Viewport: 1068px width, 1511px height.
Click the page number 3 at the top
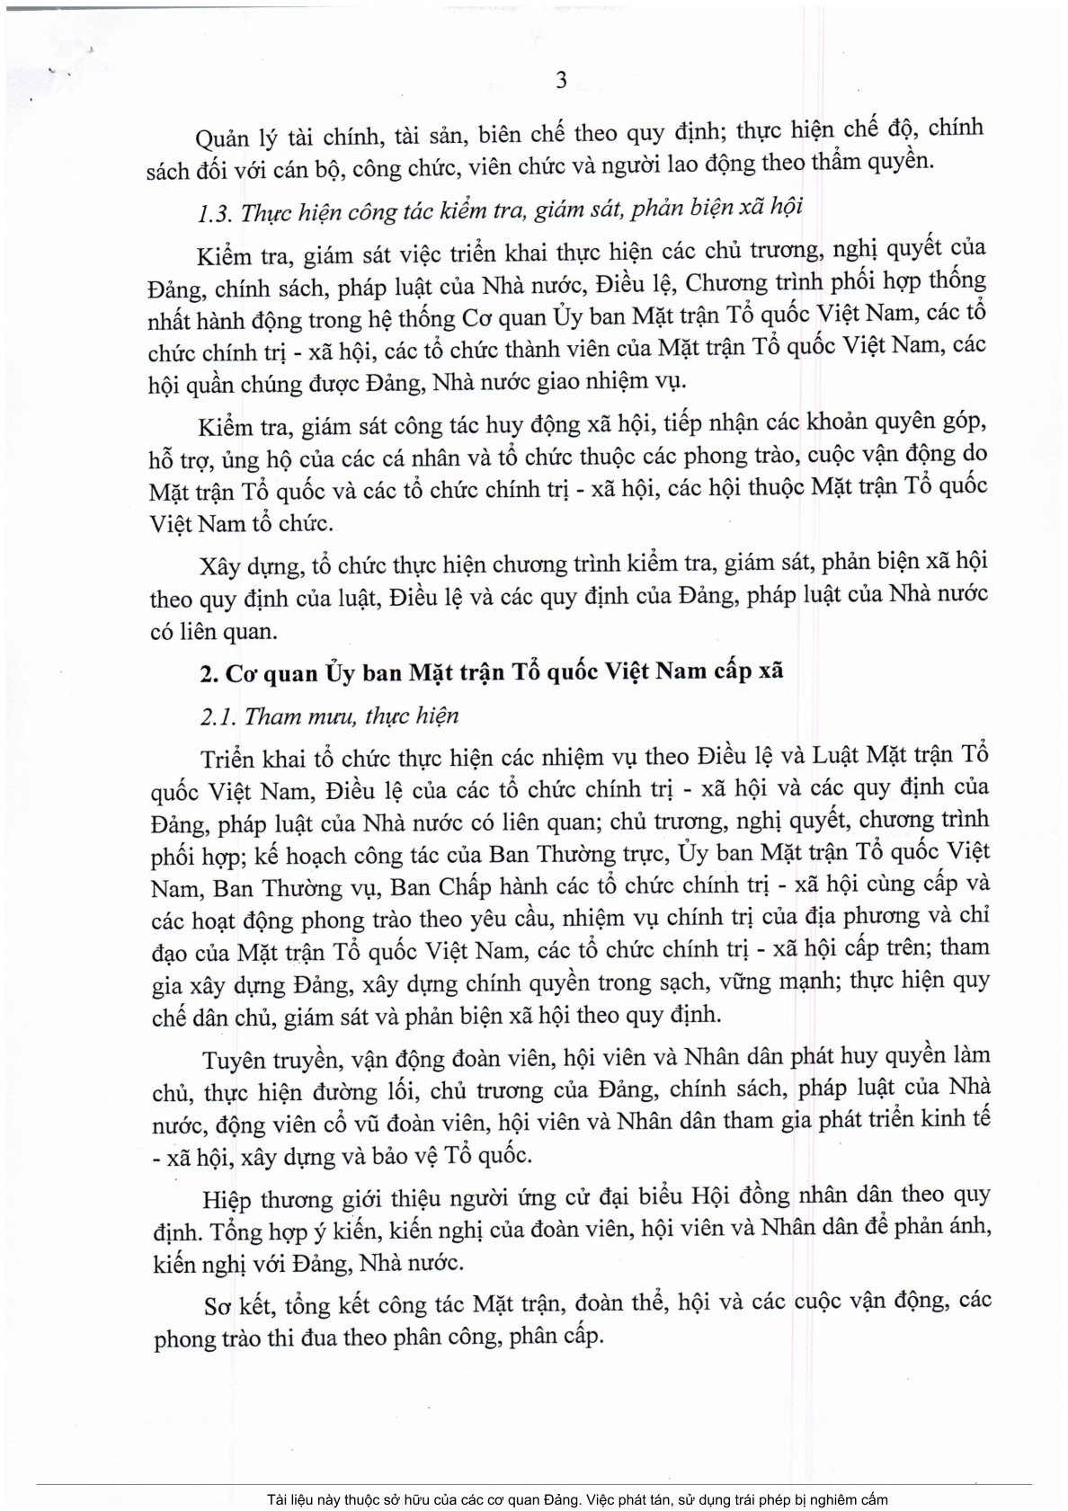tap(562, 81)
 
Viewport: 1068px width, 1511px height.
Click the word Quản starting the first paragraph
tap(223, 135)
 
